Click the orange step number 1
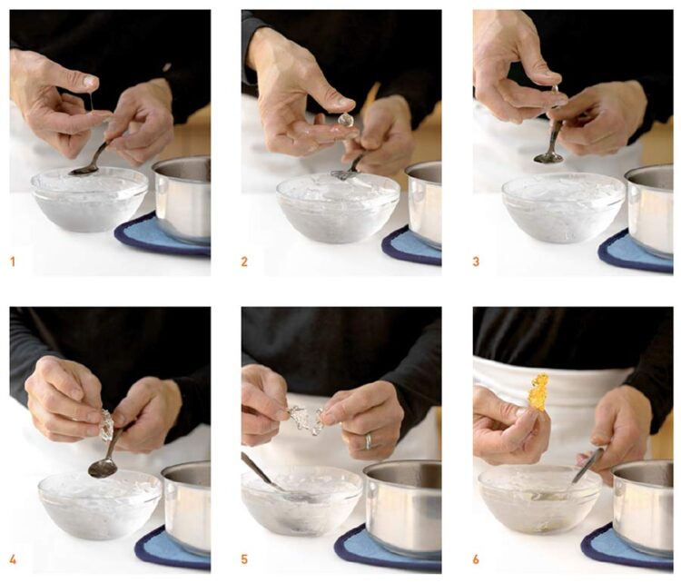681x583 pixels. (14, 262)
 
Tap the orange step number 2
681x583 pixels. (244, 262)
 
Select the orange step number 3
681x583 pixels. (477, 262)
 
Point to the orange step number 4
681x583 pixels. (14, 558)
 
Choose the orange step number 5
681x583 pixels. (244, 558)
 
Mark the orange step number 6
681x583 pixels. (477, 558)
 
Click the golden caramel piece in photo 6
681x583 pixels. (538, 392)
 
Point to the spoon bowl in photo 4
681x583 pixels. (102, 468)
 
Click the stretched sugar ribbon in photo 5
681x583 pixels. (307, 419)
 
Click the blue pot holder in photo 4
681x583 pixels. (163, 549)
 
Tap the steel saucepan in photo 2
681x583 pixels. (422, 202)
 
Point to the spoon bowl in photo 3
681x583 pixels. (548, 157)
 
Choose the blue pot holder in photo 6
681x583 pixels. (627, 546)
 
